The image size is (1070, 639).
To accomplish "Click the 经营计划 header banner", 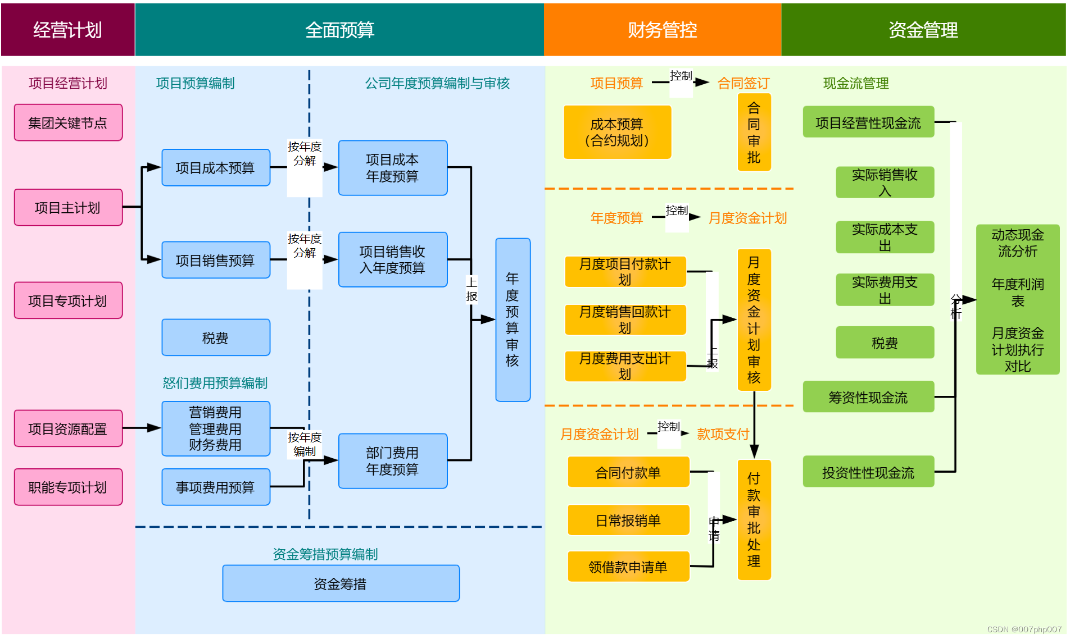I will [67, 30].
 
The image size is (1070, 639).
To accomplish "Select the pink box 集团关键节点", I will [68, 122].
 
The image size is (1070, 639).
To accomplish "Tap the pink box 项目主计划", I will [68, 207].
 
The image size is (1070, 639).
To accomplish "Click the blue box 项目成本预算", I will [215, 167].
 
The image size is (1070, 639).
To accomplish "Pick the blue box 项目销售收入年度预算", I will [392, 259].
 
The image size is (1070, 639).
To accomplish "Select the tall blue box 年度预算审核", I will [513, 319].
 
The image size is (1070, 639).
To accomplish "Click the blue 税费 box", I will [215, 337].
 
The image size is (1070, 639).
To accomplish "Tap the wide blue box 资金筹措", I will [341, 583].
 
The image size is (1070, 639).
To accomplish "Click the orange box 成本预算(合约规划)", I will [617, 132].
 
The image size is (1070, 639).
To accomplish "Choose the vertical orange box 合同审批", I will [754, 133].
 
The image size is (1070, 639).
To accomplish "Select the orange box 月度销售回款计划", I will [625, 319].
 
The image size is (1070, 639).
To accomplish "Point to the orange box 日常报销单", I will [628, 520].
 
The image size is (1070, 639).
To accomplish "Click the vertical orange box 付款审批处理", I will [754, 519].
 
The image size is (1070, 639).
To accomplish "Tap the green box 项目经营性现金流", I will [868, 122].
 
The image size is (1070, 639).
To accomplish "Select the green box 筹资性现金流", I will [868, 397].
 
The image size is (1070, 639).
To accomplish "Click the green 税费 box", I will [885, 343].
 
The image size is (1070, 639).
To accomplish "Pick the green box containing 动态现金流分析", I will [1017, 299].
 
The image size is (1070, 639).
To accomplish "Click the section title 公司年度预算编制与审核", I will [437, 83].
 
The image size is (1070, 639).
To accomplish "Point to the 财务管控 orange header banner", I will [662, 30].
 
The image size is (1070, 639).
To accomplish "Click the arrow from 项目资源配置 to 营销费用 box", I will [142, 428].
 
